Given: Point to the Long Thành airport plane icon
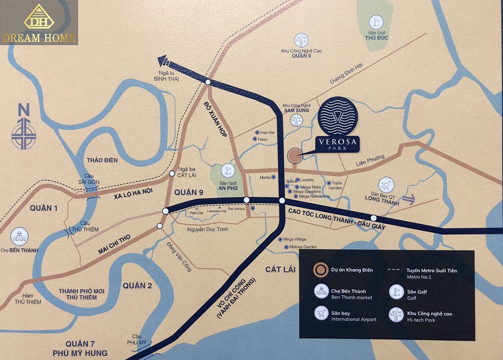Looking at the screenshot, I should (x=386, y=185).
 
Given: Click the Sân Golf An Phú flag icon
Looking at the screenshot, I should (x=227, y=171).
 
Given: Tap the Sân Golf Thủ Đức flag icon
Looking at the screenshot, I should (x=375, y=21).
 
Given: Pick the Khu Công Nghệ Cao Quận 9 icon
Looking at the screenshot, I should (x=301, y=40).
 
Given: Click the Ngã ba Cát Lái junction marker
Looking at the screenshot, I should (x=172, y=174).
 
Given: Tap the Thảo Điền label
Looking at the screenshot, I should (x=102, y=160).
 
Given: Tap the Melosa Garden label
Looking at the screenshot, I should (x=304, y=247).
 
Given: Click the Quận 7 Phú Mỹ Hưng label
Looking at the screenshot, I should (x=86, y=348).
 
